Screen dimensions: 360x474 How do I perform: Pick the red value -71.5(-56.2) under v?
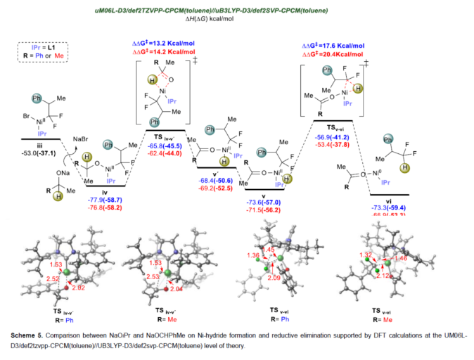[x=264, y=210]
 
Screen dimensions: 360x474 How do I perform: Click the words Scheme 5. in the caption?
[x=30, y=330]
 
